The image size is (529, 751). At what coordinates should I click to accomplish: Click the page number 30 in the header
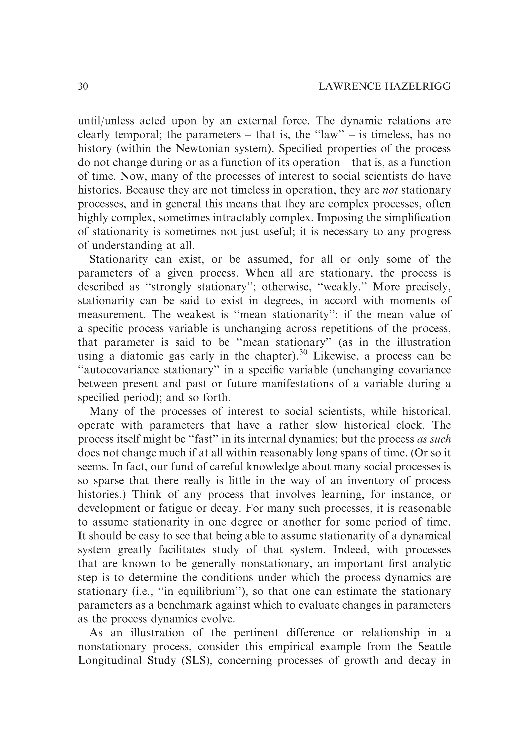pyautogui.click(x=83, y=86)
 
